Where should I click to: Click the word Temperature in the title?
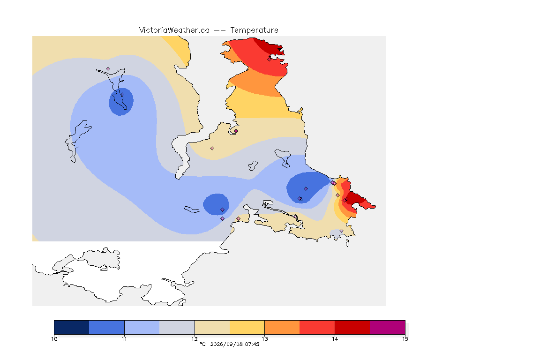[254, 30]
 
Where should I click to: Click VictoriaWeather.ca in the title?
[174, 30]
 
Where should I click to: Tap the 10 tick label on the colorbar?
[54, 339]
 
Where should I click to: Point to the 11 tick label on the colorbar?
[124, 339]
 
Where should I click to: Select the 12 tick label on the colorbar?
[195, 339]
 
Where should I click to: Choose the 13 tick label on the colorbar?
[264, 339]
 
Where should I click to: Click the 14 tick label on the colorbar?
[335, 339]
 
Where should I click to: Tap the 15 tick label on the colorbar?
[405, 339]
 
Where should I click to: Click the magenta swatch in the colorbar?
[388, 327]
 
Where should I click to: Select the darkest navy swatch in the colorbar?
[72, 327]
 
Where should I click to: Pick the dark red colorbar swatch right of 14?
[352, 327]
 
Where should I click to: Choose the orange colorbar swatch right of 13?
[282, 327]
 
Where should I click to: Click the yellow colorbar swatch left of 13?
[247, 327]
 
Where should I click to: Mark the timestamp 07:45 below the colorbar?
[252, 344]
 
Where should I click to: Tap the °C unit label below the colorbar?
[202, 344]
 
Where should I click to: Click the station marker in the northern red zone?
[270, 59]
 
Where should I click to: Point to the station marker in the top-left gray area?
[108, 69]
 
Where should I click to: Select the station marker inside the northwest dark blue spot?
[122, 95]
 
